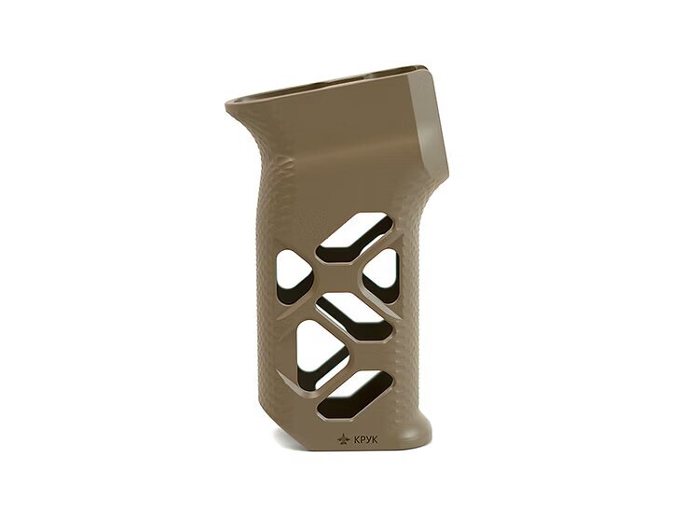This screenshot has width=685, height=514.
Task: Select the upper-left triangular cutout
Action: tap(294, 274)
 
